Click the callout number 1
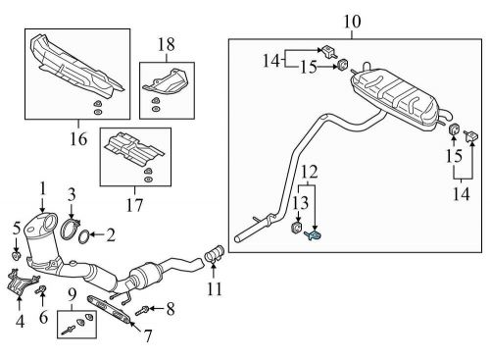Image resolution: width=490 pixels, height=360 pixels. pyautogui.click(x=42, y=186)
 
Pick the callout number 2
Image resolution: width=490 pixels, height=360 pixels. pyautogui.click(x=110, y=234)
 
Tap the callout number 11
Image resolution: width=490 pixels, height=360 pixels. pyautogui.click(x=215, y=289)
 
